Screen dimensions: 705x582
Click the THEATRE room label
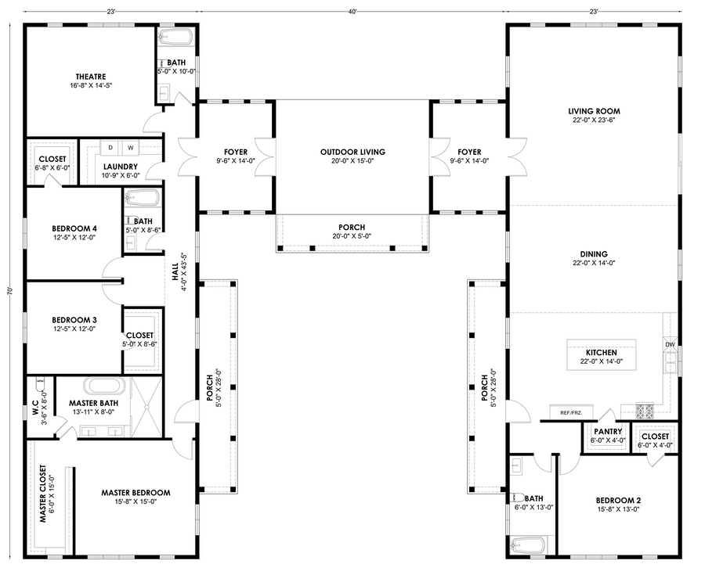click(x=91, y=77)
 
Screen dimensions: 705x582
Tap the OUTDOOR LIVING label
click(x=352, y=153)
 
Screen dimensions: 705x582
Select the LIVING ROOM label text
click(x=594, y=111)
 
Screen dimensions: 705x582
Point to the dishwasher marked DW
click(x=670, y=344)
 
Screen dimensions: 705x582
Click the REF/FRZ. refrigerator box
click(x=572, y=412)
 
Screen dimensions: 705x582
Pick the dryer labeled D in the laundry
click(x=110, y=148)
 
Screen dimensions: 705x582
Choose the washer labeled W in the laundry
click(x=130, y=148)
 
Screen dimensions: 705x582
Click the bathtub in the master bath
click(x=105, y=386)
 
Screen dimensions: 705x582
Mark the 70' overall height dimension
click(x=10, y=291)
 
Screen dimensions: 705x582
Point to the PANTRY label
click(x=608, y=432)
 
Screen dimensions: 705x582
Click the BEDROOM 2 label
click(x=618, y=501)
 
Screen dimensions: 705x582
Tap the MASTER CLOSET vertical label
click(x=43, y=494)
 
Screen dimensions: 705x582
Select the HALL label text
click(x=175, y=272)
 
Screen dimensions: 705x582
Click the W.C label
click(x=35, y=411)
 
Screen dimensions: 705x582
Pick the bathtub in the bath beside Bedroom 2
click(x=527, y=545)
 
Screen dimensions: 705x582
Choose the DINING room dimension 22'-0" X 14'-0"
click(x=594, y=263)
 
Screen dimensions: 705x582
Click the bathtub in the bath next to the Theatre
click(x=176, y=37)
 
